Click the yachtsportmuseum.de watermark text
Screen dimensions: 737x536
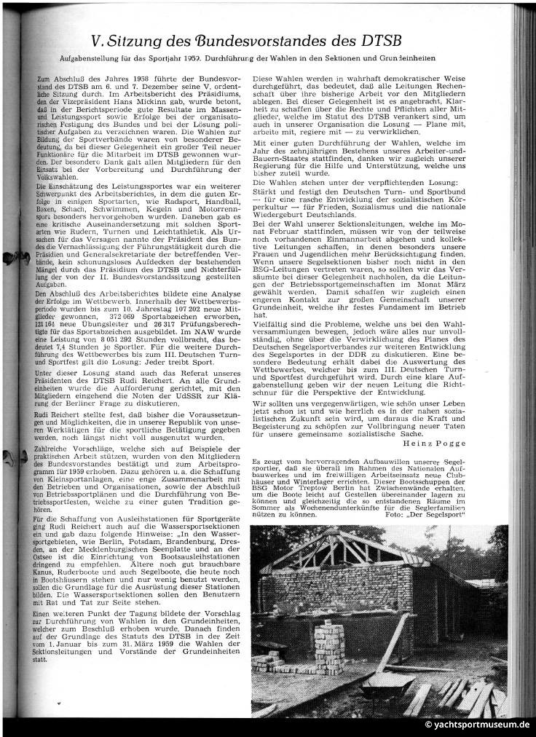(478, 725)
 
